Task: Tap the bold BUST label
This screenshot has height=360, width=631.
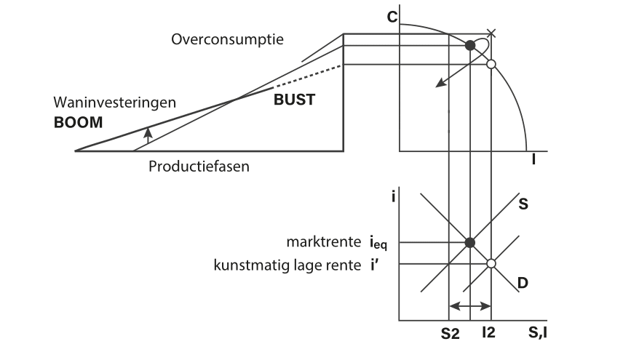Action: (294, 100)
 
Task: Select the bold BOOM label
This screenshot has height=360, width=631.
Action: (79, 122)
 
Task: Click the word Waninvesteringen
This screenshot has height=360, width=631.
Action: (115, 103)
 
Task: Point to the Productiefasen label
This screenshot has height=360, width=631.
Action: (199, 166)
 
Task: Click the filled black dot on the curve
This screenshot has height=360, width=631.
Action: (471, 46)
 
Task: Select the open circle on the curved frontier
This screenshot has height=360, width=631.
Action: (491, 65)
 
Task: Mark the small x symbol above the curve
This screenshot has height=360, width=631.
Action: (491, 33)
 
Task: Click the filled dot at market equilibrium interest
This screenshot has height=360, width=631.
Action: (470, 241)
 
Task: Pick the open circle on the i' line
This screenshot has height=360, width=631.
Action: (491, 263)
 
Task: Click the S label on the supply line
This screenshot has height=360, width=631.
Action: (523, 205)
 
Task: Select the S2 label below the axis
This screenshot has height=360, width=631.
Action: (448, 335)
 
